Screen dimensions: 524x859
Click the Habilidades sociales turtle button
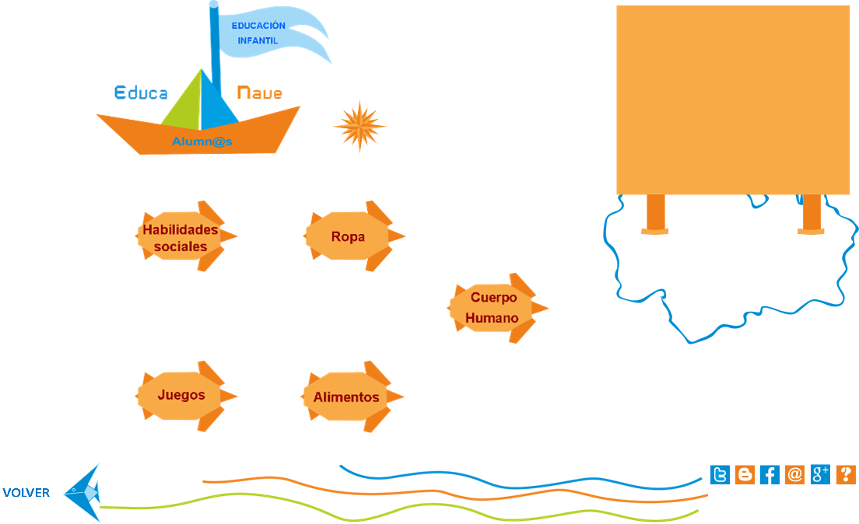(x=181, y=237)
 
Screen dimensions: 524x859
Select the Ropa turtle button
(x=349, y=236)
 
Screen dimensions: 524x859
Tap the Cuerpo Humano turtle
(x=493, y=308)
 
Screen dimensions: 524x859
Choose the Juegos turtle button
(x=182, y=395)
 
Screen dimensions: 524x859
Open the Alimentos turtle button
(x=347, y=396)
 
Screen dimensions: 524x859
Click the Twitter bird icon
(x=721, y=475)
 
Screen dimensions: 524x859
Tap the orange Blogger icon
(x=745, y=475)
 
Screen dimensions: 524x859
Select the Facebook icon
(x=770, y=475)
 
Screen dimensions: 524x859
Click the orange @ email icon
(x=794, y=475)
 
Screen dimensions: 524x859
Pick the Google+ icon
(x=820, y=475)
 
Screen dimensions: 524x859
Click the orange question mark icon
(x=846, y=475)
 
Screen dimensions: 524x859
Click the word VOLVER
(x=26, y=493)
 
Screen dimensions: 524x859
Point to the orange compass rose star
(x=359, y=126)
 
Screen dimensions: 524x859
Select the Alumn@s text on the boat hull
(x=202, y=141)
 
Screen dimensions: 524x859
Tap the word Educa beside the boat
(x=141, y=93)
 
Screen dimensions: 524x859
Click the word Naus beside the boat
(x=259, y=93)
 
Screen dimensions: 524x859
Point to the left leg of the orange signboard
(x=655, y=213)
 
